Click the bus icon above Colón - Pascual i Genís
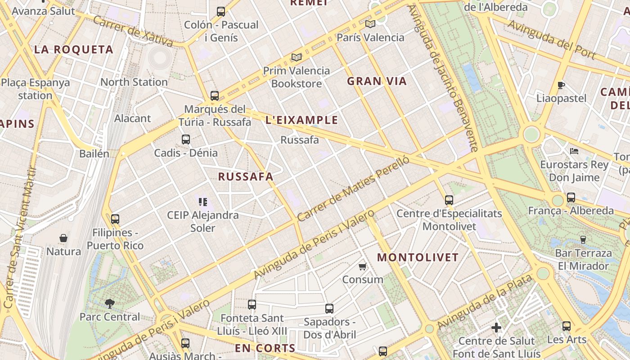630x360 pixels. pyautogui.click(x=220, y=12)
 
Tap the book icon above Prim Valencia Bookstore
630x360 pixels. pyautogui.click(x=296, y=57)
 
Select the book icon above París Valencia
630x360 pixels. pyautogui.click(x=370, y=24)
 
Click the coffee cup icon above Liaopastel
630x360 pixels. pyautogui.click(x=561, y=85)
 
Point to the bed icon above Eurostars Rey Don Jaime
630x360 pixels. pyautogui.click(x=574, y=151)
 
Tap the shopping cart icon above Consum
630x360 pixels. pyautogui.click(x=363, y=266)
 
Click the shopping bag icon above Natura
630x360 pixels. pyautogui.click(x=63, y=238)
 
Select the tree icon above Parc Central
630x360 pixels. pyautogui.click(x=109, y=304)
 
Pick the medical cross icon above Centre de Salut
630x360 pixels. pyautogui.click(x=496, y=328)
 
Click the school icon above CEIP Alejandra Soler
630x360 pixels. pyautogui.click(x=202, y=202)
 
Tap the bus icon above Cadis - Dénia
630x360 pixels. pyautogui.click(x=186, y=139)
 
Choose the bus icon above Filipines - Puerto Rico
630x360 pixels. pyautogui.click(x=115, y=219)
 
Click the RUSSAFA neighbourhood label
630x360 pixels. pyautogui.click(x=246, y=177)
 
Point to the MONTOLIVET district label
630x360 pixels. pyautogui.click(x=418, y=258)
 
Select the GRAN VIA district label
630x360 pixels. pyautogui.click(x=377, y=81)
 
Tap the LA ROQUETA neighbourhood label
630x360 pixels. pyautogui.click(x=74, y=50)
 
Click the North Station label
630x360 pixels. pyautogui.click(x=134, y=82)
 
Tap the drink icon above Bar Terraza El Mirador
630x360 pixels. pyautogui.click(x=583, y=239)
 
